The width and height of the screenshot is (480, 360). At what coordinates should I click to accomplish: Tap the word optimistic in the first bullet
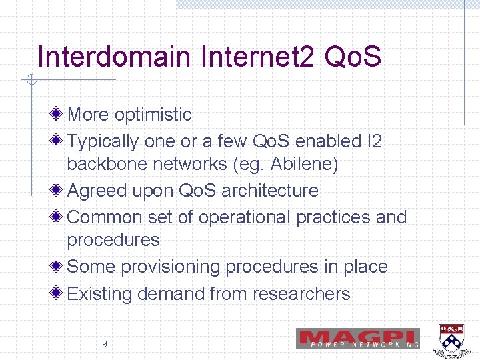[153, 115]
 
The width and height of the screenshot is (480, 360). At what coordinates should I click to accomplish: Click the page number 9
[104, 344]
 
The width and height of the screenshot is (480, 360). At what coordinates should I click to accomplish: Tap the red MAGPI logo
[358, 338]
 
